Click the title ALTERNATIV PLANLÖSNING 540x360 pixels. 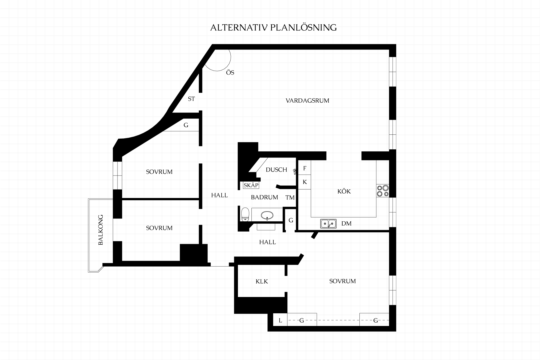273,27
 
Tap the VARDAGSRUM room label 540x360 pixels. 307,101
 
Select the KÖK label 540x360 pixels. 344,191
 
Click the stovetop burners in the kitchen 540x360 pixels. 383,191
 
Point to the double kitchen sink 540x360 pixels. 328,224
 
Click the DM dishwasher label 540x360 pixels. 346,224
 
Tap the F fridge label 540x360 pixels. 305,168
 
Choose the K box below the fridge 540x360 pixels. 305,182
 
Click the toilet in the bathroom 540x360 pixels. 245,214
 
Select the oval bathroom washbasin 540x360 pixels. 267,215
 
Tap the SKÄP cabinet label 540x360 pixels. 251,185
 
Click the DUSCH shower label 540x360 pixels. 277,170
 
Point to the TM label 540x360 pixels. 290,198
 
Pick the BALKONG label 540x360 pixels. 101,230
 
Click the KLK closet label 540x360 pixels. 262,281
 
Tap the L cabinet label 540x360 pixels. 280,320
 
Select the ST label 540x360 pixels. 191,99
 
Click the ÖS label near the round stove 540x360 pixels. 230,72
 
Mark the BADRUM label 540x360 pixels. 264,197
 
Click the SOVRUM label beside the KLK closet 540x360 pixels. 343,281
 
